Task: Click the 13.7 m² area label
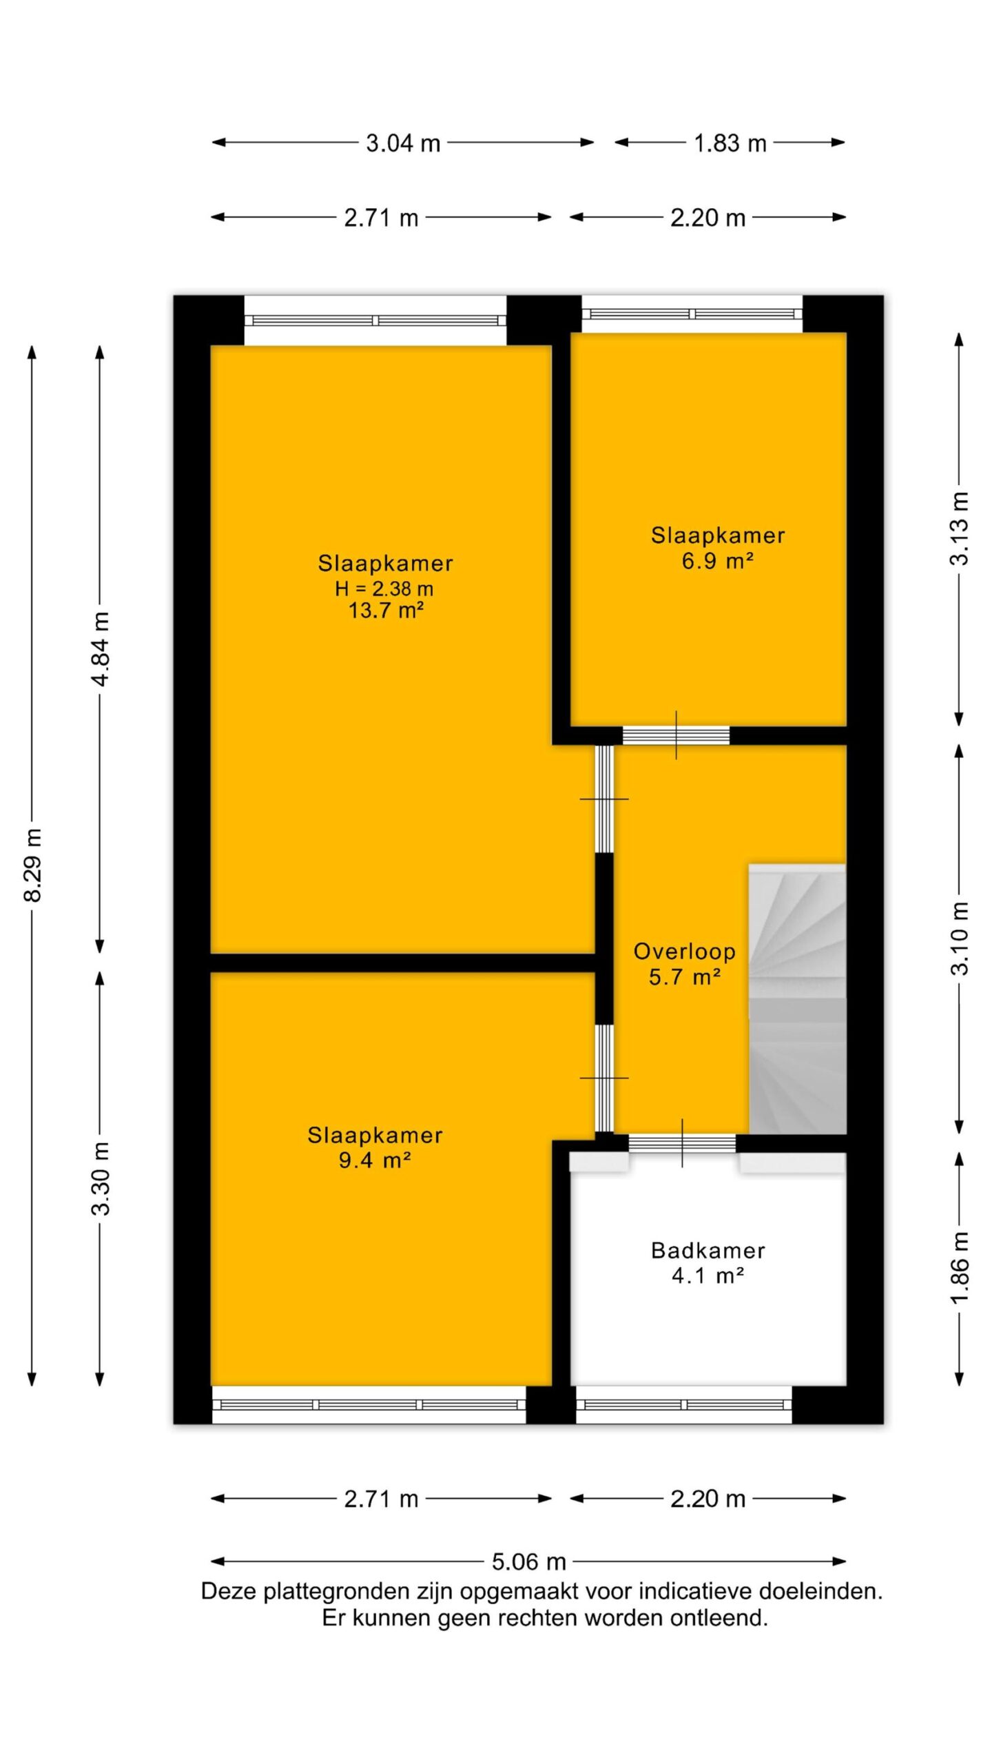[x=385, y=611]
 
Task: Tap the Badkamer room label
[x=707, y=1251]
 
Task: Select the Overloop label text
[x=684, y=952]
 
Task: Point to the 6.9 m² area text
[x=717, y=561]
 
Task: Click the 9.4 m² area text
[x=375, y=1160]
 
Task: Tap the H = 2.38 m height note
[x=384, y=588]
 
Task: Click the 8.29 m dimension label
[x=33, y=865]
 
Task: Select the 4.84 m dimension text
[x=101, y=648]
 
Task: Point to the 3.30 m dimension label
[x=101, y=1178]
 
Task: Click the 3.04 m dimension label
[x=403, y=143]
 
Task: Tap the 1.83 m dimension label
[x=730, y=143]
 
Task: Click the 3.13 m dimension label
[x=960, y=529]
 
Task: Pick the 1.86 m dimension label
[x=960, y=1267]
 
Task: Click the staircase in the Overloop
[x=797, y=998]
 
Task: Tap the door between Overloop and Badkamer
[x=682, y=1143]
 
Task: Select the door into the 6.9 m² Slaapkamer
[x=676, y=735]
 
